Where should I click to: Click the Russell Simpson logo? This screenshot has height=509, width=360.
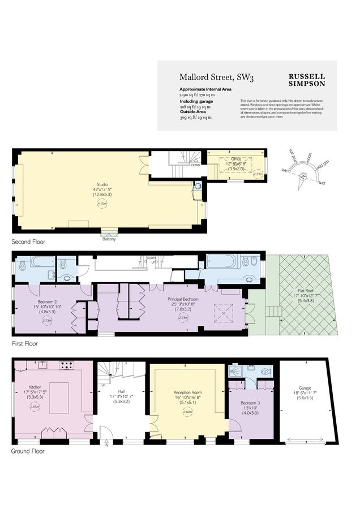[307, 80]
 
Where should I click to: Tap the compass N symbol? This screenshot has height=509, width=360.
[304, 176]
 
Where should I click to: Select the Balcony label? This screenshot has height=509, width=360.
[109, 239]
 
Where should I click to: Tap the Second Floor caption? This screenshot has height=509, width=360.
[28, 241]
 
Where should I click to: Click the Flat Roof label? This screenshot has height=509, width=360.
[306, 290]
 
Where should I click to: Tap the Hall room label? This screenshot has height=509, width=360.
[121, 391]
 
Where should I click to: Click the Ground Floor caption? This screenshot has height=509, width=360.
[28, 451]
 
